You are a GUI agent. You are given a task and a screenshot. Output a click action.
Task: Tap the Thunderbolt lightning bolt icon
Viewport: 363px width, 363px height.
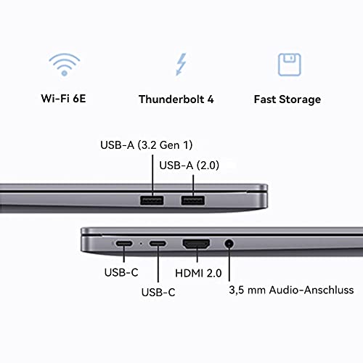coord(180,65)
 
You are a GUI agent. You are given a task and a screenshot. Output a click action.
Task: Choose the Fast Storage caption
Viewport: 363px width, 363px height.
coord(288,99)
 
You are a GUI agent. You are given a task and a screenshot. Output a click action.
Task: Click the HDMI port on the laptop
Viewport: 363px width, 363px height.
coord(197,245)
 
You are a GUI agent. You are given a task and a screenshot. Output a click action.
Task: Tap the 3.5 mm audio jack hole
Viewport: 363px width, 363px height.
coord(229,245)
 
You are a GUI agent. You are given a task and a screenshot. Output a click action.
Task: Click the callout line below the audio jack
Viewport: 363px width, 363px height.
coord(229,266)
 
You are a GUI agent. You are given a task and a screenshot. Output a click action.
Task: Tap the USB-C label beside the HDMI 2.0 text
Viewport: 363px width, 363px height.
coord(156,293)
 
